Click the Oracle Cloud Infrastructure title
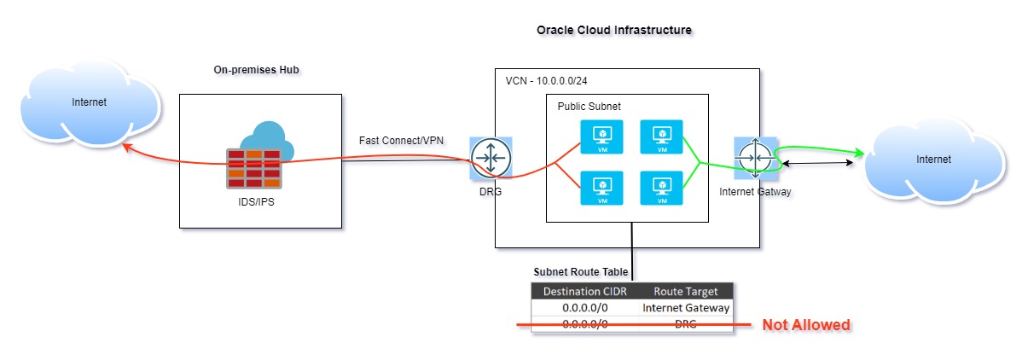(x=613, y=30)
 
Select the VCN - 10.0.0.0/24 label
(x=547, y=80)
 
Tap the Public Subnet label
(x=589, y=107)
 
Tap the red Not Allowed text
(x=806, y=325)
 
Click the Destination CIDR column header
(x=586, y=292)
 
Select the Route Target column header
(x=685, y=292)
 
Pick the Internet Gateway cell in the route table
(x=685, y=308)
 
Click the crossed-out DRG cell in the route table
(x=685, y=324)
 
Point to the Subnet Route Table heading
(x=580, y=272)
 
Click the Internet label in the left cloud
(x=89, y=102)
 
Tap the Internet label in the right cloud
(x=932, y=159)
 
